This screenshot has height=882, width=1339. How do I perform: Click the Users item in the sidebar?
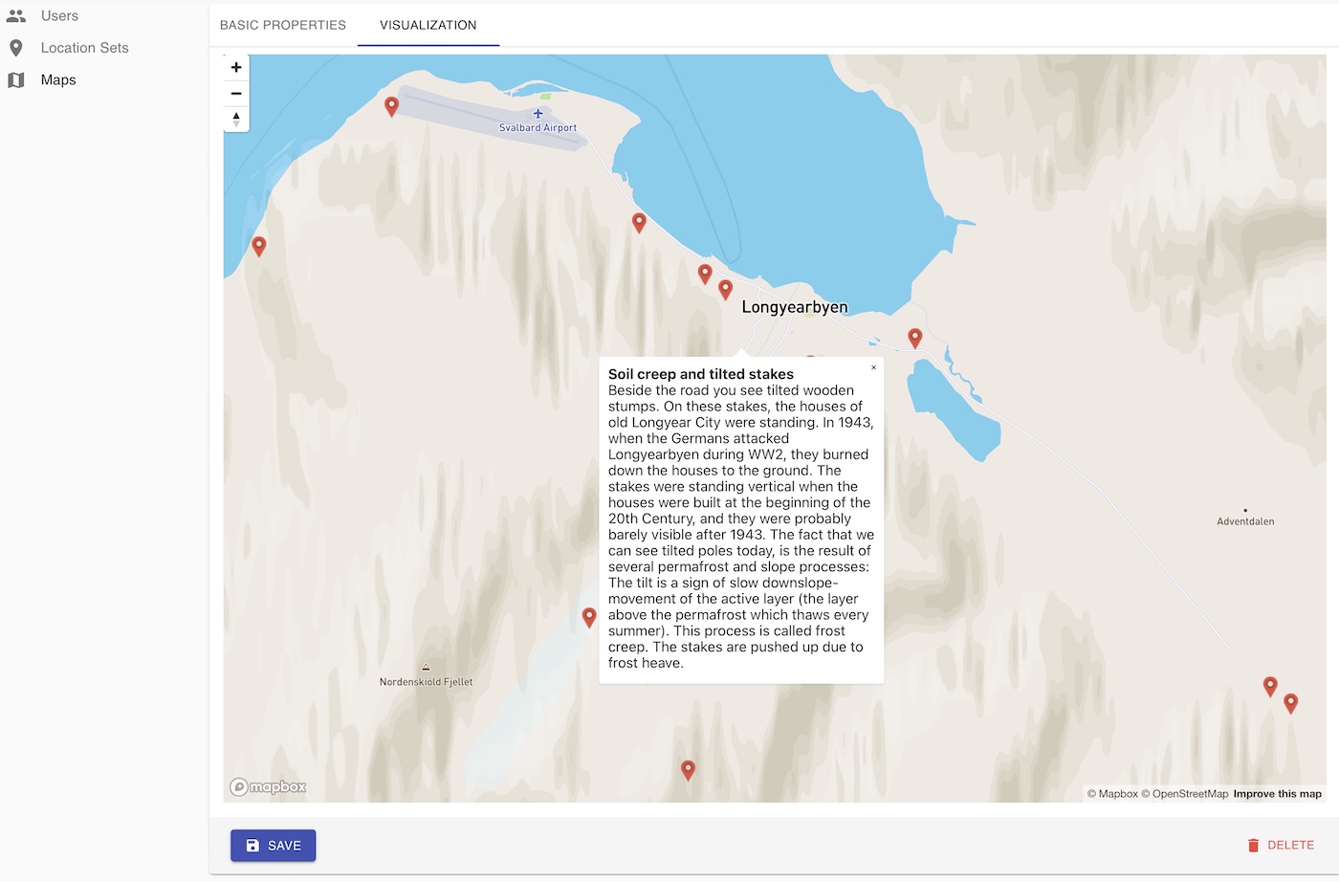58,16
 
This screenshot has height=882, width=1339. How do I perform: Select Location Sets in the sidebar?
84,48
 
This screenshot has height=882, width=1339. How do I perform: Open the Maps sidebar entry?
57,80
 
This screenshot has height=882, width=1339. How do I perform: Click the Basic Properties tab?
283,25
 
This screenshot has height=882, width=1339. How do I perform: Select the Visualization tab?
428,25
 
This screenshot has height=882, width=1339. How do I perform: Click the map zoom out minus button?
236,94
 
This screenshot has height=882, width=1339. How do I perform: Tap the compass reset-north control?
236,119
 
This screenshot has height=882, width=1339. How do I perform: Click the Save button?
273,846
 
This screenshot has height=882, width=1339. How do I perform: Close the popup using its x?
873,367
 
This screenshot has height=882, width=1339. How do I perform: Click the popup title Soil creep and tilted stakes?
701,374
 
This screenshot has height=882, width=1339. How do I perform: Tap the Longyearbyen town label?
794,307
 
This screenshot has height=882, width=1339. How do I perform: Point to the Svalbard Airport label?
538,127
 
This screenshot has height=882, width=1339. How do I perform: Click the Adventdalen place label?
1245,521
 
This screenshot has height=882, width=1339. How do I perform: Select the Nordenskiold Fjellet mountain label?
426,682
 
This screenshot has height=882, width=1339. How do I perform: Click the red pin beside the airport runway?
391,105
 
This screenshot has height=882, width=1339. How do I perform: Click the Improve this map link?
1277,794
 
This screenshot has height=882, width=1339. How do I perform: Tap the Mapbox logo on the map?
269,787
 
